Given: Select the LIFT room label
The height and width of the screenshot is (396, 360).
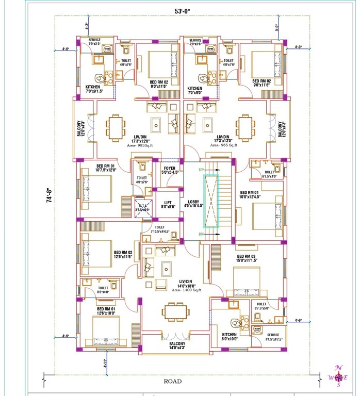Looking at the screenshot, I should point(168,204).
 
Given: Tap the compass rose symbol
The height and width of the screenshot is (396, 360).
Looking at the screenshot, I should point(338,376).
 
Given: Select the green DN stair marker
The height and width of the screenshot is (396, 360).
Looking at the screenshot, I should point(201,235).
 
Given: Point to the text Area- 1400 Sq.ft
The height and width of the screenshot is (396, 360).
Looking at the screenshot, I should point(172,290).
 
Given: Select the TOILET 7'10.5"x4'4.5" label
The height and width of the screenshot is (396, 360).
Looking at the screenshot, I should point(159,229).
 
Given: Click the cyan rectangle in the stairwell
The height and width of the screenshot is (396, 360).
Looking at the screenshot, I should point(211,201).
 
